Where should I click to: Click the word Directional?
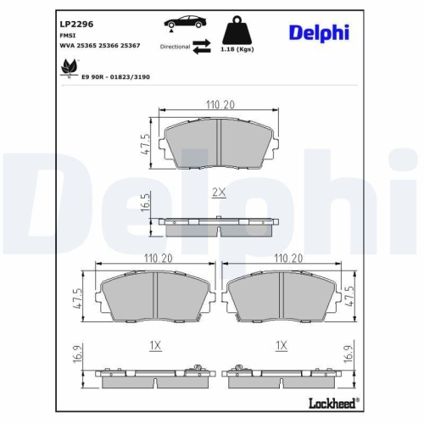pos(175,47)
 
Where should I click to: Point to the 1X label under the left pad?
pos(154,346)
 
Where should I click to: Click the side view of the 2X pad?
pos(218,226)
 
